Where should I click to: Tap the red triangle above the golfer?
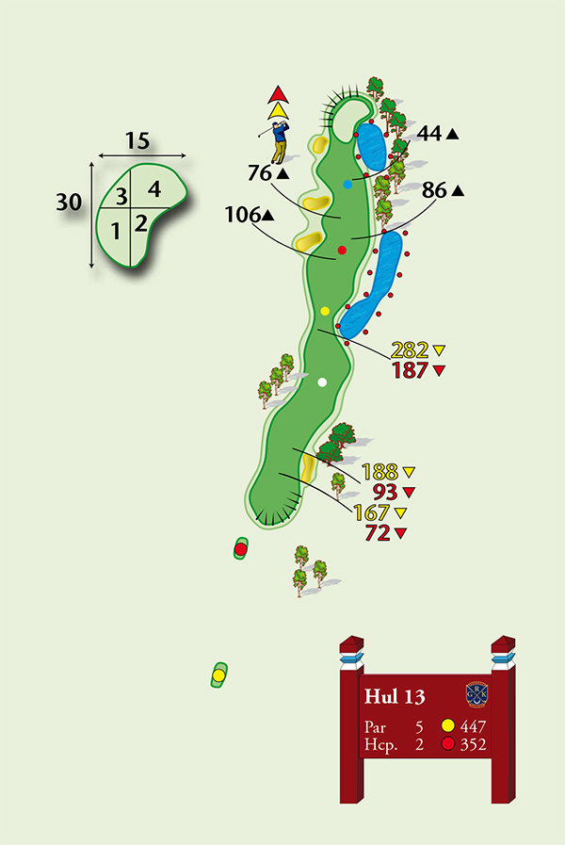[x=277, y=94]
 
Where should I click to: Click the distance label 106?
[x=242, y=216]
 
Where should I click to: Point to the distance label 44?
[x=430, y=135]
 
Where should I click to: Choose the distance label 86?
[x=435, y=190]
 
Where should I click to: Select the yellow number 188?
[x=380, y=472]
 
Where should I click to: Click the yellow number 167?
[x=372, y=513]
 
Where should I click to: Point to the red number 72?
[x=378, y=534]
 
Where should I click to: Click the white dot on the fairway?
[x=323, y=382]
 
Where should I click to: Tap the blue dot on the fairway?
[x=347, y=185]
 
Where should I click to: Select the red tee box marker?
[x=240, y=548]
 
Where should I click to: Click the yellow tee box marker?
[x=218, y=674]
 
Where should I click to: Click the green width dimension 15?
[x=137, y=141]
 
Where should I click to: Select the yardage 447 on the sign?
[x=476, y=726]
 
